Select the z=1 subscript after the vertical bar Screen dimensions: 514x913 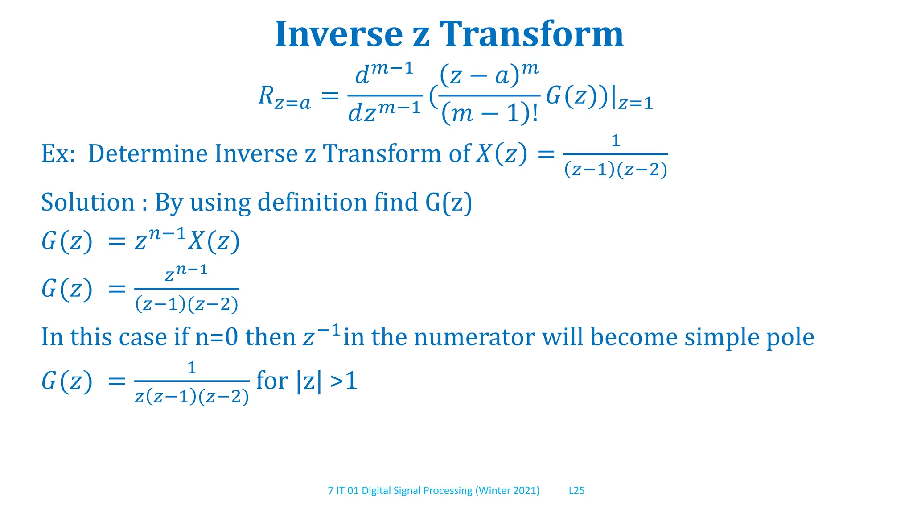[635, 104]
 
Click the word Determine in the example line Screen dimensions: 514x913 [148, 153]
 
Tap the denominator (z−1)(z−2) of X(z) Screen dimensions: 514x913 [616, 170]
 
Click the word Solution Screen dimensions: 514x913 [88, 202]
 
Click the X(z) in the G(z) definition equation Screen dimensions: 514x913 [214, 241]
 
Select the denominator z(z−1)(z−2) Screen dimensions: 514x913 [192, 397]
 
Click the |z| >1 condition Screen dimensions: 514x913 [327, 381]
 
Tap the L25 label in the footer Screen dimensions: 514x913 [576, 491]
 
